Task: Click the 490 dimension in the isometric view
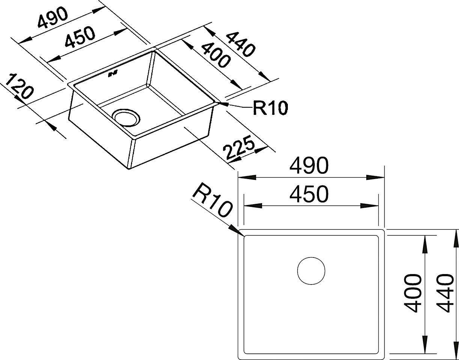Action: [x=53, y=18]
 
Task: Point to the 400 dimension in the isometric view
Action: [x=215, y=55]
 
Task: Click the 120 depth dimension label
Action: [x=19, y=86]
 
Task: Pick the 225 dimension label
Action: [x=239, y=148]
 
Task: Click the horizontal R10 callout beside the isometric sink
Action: [x=270, y=108]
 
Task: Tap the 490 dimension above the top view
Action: [x=309, y=166]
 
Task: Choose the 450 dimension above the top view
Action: [x=309, y=194]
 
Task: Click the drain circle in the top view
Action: [x=311, y=271]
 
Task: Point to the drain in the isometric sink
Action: [x=126, y=118]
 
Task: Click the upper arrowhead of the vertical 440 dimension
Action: [x=456, y=239]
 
